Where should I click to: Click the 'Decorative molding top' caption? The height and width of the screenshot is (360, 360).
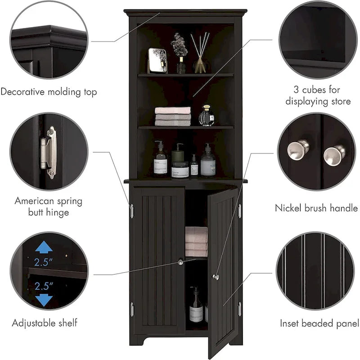tap(49, 92)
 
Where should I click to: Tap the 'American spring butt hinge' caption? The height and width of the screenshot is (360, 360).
tap(48, 206)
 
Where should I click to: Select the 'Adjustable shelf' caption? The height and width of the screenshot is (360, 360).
tap(45, 323)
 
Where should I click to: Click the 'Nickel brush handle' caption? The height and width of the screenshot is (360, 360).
tap(316, 208)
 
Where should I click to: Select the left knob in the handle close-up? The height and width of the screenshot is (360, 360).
tap(298, 149)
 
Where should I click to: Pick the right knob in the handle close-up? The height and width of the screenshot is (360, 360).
tap(334, 155)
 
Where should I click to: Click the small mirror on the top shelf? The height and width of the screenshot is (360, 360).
tap(157, 61)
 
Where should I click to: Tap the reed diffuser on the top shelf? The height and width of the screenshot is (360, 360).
tap(199, 54)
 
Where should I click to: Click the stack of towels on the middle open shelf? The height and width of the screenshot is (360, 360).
tap(173, 117)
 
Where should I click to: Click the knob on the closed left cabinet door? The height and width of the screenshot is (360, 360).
tap(181, 261)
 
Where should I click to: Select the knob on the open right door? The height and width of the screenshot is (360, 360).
tap(216, 277)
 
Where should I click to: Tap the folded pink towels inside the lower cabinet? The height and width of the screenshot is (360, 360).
tap(196, 241)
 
